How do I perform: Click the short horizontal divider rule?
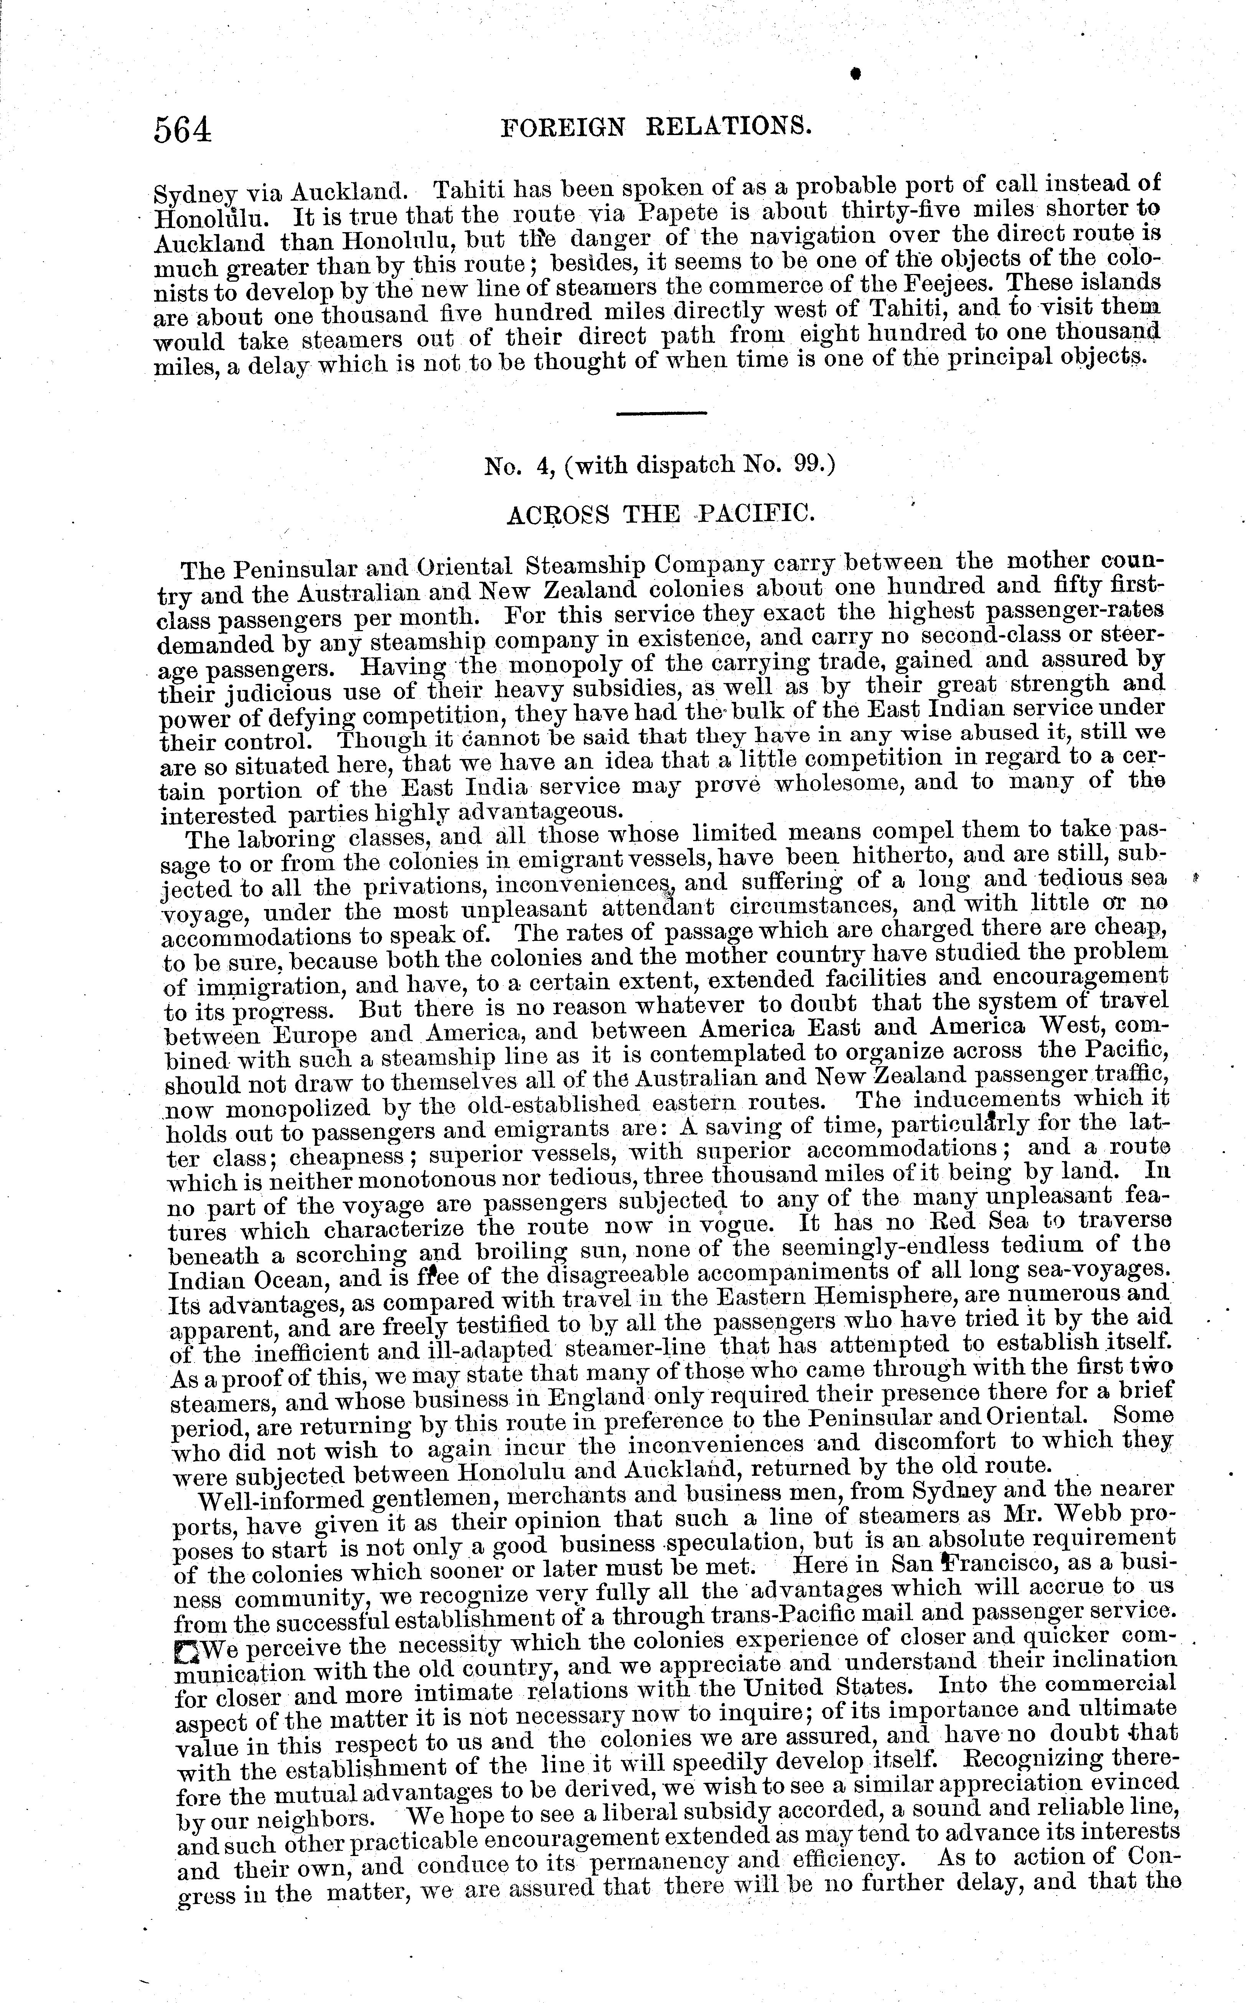coord(661,412)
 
